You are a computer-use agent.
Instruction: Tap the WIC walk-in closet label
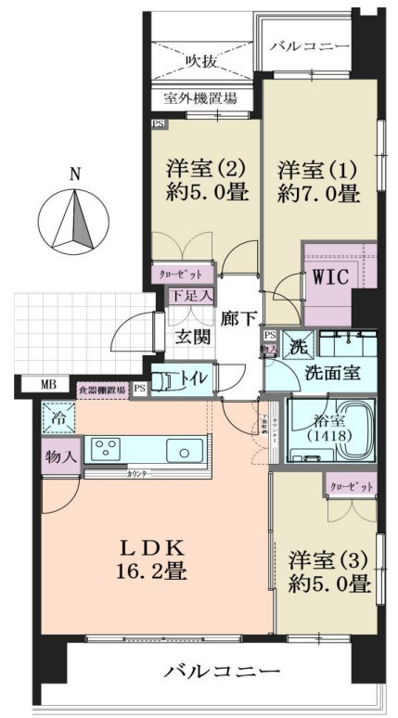click(329, 277)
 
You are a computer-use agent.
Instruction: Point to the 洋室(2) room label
click(205, 169)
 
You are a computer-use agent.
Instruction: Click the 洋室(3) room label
click(328, 562)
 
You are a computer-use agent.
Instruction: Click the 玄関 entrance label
click(193, 338)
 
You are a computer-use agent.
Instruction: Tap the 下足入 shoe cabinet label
click(193, 296)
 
